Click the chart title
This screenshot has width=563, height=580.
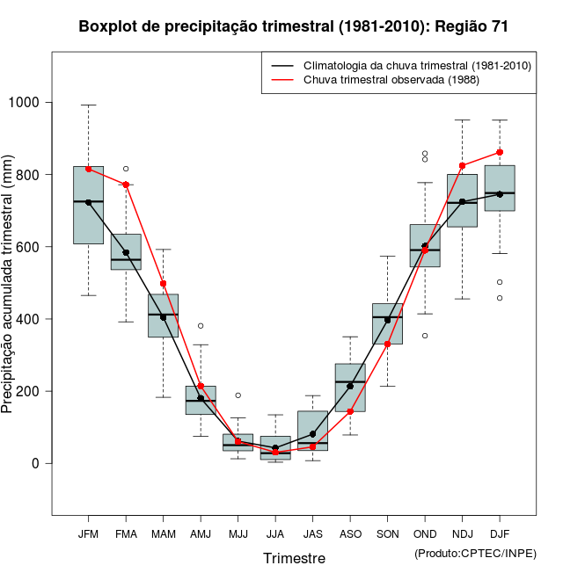(293, 26)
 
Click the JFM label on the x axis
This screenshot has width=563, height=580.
(88, 533)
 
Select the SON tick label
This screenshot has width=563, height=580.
(387, 533)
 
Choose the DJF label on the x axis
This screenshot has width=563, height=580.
(500, 533)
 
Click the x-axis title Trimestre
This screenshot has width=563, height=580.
(294, 558)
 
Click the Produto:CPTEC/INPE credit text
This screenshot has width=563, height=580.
(475, 553)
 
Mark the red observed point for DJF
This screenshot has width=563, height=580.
(500, 152)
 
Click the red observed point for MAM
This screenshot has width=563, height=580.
(163, 284)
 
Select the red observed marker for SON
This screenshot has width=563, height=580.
(387, 344)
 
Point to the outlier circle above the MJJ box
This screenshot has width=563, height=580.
(238, 395)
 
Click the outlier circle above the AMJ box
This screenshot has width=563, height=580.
(201, 326)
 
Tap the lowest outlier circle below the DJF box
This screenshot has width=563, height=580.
(500, 298)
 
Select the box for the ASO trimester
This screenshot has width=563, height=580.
(350, 388)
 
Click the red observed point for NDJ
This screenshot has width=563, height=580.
(462, 165)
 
